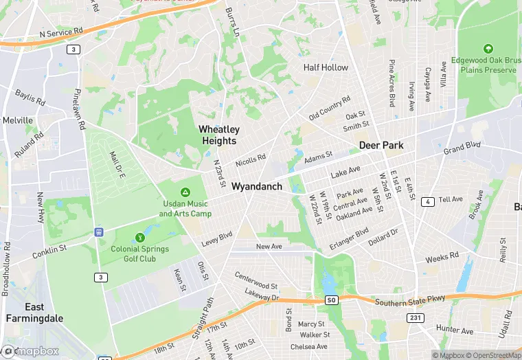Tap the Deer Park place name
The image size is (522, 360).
pos(381,146)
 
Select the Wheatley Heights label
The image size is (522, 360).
pos(218,135)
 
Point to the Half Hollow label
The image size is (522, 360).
pos(326,67)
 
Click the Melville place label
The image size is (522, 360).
pos(18,120)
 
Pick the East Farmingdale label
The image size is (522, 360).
pos(34,313)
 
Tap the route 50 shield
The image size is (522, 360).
pos(332,300)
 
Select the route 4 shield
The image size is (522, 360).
pos(427,201)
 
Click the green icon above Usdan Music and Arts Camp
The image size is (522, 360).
pos(185,192)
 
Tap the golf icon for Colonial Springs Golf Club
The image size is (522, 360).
pos(140,237)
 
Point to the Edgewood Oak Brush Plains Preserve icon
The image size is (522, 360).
pos(488,49)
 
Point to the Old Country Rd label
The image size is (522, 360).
pos(330,107)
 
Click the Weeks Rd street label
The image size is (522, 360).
pos(442,258)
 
